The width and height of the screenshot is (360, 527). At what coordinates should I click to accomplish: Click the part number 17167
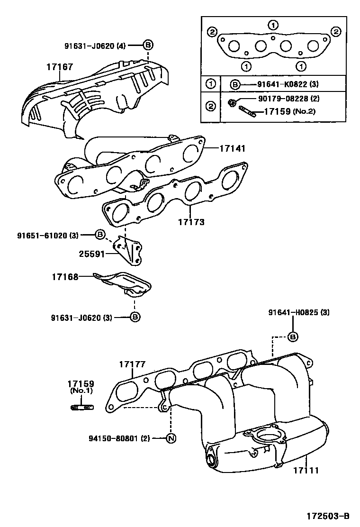click(59, 67)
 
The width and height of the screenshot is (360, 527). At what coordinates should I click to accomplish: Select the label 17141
click(232, 148)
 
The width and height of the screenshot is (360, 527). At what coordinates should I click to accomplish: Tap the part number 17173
click(191, 221)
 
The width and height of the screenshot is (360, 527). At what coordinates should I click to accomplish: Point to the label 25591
click(91, 254)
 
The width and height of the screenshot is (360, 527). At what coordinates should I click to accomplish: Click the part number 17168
click(65, 276)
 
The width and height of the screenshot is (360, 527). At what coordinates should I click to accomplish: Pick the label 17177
click(132, 364)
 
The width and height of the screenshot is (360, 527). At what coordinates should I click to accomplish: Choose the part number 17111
click(306, 471)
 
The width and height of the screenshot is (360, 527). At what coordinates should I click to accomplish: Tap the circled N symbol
click(171, 438)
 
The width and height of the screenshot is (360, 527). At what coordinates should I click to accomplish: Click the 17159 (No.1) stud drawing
click(82, 407)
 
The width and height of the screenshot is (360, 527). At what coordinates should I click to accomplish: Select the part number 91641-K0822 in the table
click(280, 85)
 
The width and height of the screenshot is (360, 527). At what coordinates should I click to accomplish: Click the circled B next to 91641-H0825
click(293, 337)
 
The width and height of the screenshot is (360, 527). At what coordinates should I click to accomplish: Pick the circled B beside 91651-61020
click(100, 235)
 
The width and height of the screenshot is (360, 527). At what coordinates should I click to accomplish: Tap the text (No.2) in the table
click(304, 112)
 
